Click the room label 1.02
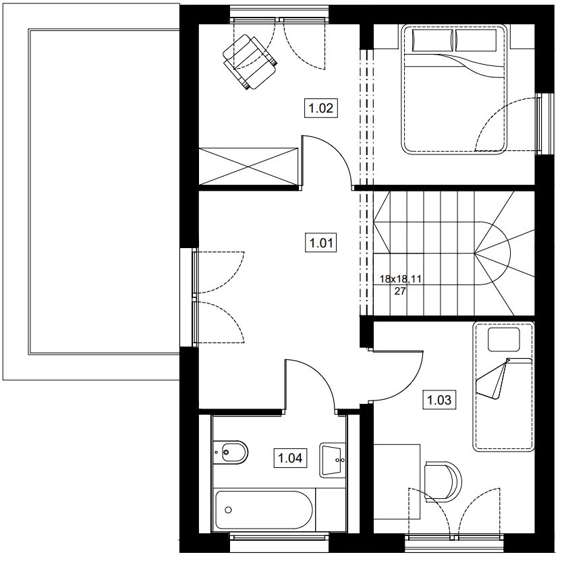(321, 108)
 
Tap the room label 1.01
(321, 243)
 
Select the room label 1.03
(439, 400)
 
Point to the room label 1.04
(290, 458)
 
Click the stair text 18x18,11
(400, 279)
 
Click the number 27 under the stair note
(400, 291)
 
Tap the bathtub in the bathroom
(264, 509)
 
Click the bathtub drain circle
(228, 510)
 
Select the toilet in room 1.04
(230, 451)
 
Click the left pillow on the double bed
(432, 40)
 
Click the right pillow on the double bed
(476, 40)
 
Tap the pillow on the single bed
(503, 339)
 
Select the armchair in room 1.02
(250, 62)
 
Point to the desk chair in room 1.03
(443, 481)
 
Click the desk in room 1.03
(397, 481)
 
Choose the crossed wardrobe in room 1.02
(249, 167)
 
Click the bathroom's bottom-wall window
(279, 537)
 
